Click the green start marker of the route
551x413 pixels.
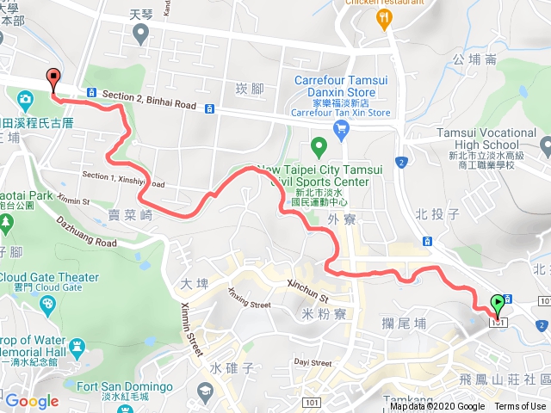[x=498, y=304]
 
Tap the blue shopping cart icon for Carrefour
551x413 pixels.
[x=342, y=130]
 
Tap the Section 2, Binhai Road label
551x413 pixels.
[x=149, y=100]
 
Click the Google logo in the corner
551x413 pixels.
[x=32, y=401]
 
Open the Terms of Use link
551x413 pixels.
[x=520, y=407]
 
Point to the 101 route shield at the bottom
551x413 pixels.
[x=311, y=379]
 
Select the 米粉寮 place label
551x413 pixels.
[x=326, y=314]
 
